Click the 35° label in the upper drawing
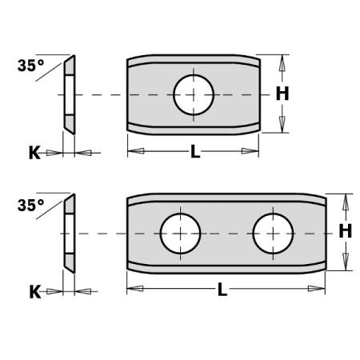30,67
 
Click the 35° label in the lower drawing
30,206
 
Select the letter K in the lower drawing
34,291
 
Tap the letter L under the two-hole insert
222,290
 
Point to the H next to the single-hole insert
282,94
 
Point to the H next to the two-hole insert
345,232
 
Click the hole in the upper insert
193,94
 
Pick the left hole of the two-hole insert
181,234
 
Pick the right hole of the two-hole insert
274,234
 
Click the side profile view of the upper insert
70,94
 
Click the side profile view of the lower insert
70,234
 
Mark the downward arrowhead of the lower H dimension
345,266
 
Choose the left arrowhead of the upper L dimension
135,150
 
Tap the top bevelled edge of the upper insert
193,61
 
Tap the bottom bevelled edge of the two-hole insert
226,268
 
